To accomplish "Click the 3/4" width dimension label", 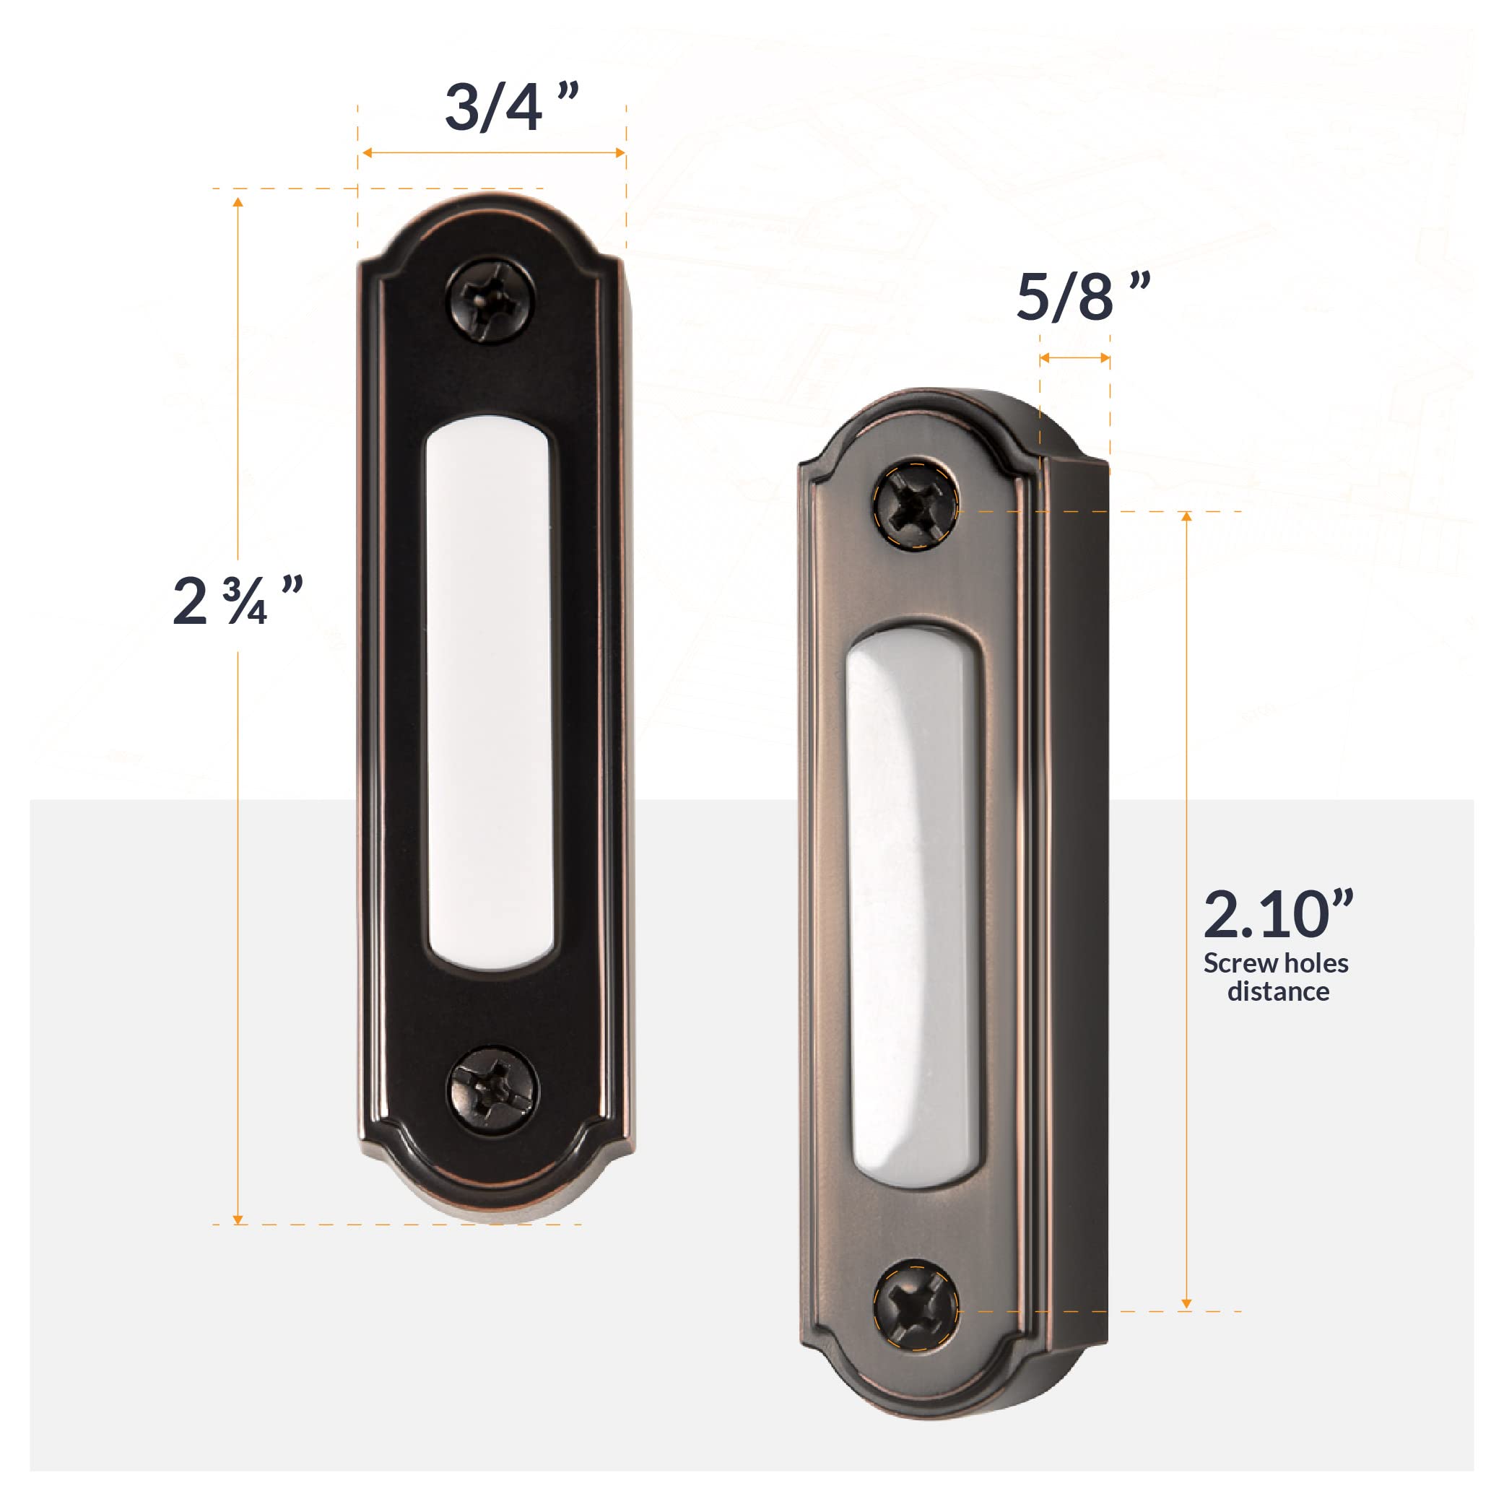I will click(x=510, y=108).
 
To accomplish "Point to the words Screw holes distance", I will click(x=1276, y=978).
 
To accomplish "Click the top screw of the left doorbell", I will click(x=491, y=300).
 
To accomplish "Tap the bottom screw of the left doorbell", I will click(x=492, y=1088).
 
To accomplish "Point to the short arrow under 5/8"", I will click(x=1074, y=358).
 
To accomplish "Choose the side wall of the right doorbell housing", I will click(x=1074, y=895).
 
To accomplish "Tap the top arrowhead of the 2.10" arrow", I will click(x=1186, y=517).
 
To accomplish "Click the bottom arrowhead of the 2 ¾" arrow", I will click(x=238, y=1218).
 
